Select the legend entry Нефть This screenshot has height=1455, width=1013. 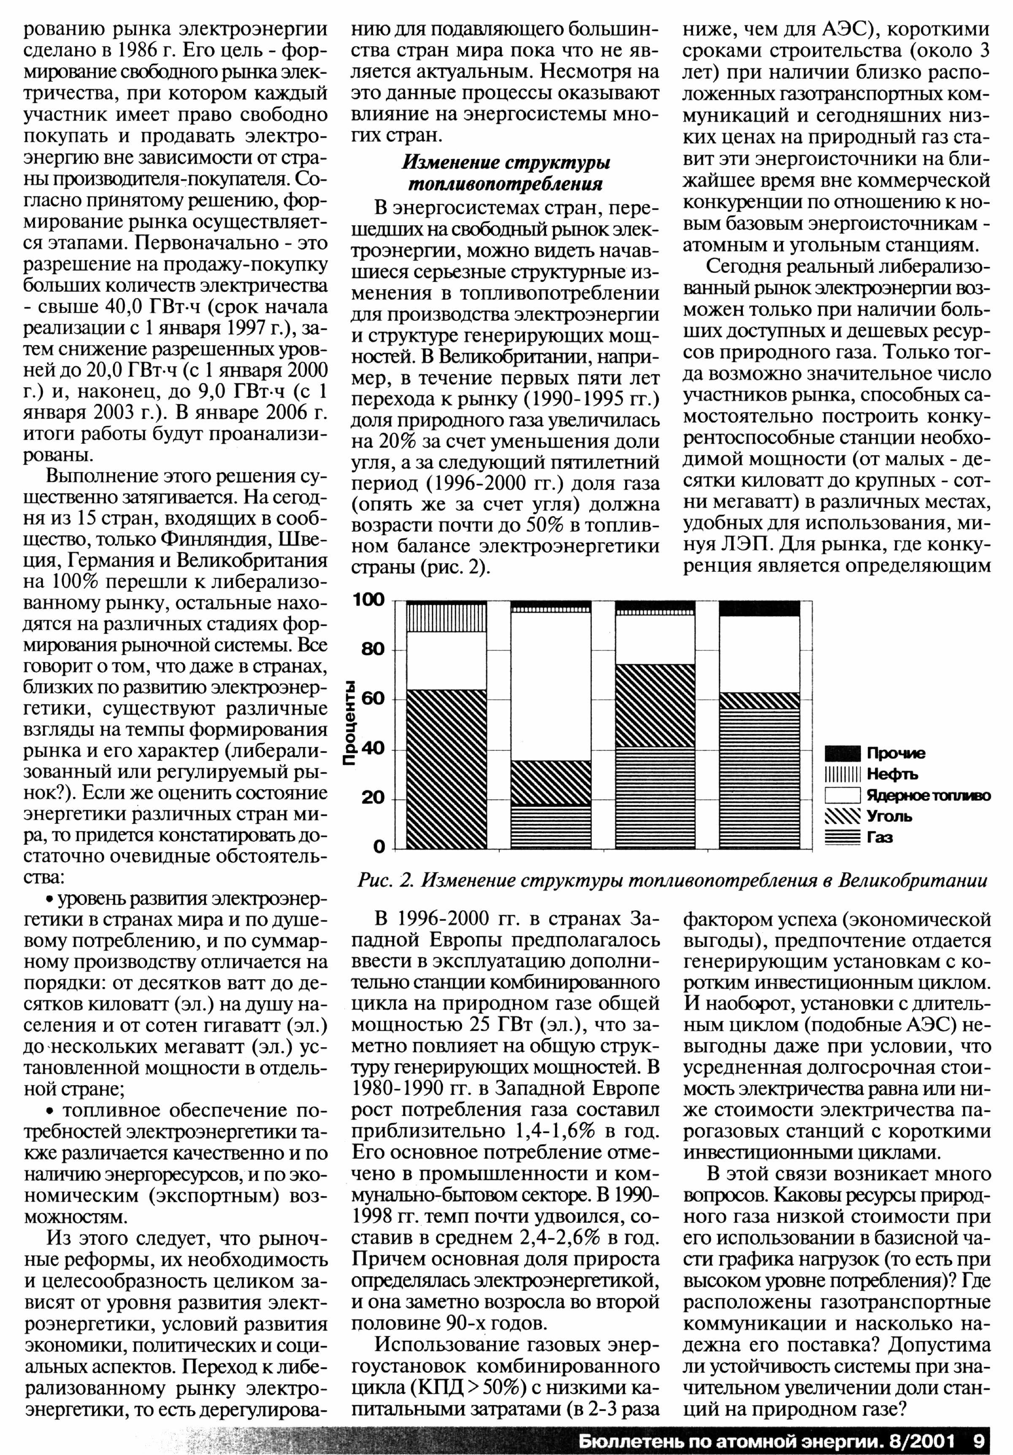click(892, 774)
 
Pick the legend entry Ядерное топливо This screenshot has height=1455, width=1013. click(928, 796)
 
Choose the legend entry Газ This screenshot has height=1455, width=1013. click(880, 838)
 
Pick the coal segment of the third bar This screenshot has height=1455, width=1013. click(655, 705)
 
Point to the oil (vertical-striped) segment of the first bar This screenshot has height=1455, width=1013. click(446, 618)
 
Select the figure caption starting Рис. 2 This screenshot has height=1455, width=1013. click(672, 880)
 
